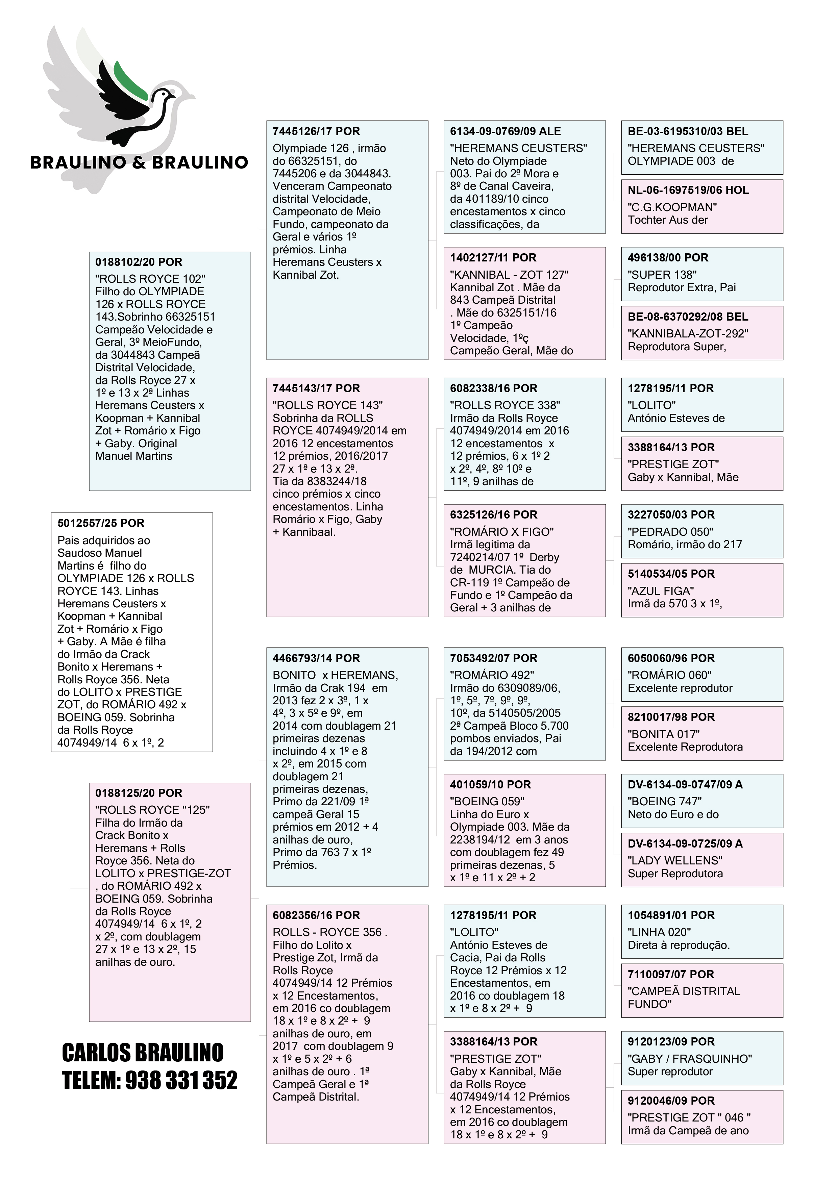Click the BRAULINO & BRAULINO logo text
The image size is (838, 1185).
(140, 162)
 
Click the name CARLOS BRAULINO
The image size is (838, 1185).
(143, 1052)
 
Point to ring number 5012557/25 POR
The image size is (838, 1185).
(101, 523)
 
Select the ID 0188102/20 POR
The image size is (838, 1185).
(139, 262)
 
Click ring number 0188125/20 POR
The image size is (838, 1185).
(139, 793)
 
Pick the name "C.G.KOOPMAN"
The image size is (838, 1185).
(672, 207)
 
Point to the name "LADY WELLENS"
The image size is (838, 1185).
(675, 860)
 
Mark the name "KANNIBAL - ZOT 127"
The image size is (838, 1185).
(509, 275)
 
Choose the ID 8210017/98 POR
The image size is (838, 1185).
(671, 717)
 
